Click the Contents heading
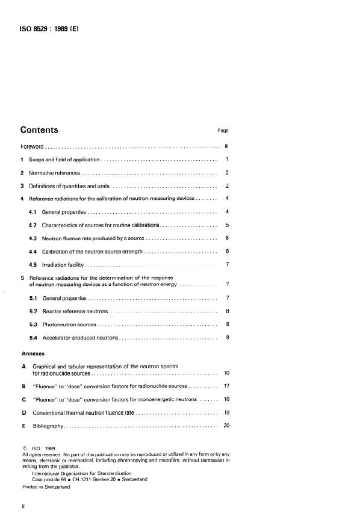39,129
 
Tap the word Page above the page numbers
223,130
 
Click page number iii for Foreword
226,146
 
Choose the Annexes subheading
34,353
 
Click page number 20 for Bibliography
226,426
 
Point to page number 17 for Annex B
226,386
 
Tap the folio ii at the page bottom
23,506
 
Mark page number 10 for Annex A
226,373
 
